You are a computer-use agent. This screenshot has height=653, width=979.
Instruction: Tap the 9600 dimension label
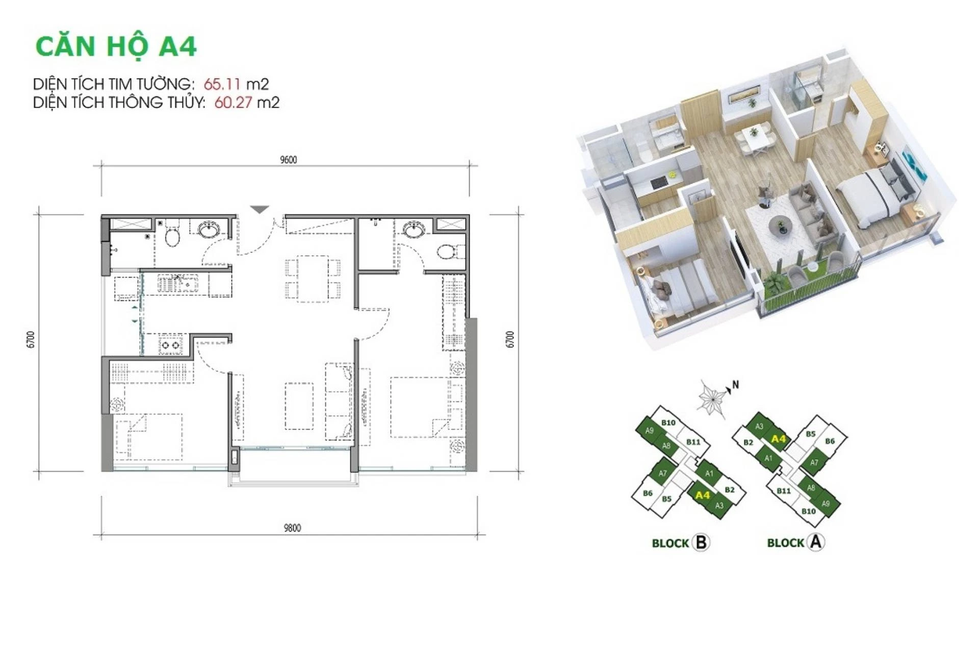point(289,160)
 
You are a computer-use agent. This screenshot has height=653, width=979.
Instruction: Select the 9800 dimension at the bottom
point(292,528)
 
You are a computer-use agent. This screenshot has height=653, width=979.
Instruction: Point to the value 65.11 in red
point(222,84)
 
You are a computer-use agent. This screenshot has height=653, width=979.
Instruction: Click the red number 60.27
point(233,103)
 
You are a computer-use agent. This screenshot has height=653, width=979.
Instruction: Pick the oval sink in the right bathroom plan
point(413,230)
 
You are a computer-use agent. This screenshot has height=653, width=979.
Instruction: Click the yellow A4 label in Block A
point(779,439)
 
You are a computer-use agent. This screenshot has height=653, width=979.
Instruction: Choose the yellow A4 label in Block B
point(702,495)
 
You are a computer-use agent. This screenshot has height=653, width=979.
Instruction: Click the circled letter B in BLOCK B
point(701,542)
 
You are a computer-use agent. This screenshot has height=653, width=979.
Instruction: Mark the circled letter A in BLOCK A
point(816,542)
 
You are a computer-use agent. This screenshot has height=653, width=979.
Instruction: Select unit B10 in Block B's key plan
point(668,422)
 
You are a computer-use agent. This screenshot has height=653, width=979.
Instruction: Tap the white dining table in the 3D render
point(754,137)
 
